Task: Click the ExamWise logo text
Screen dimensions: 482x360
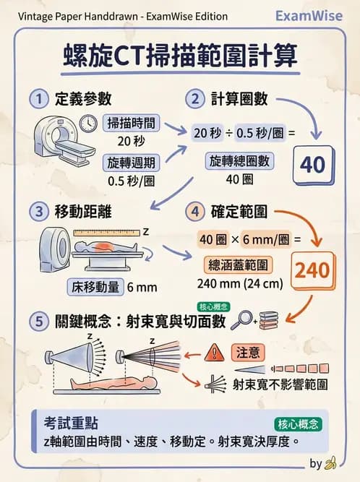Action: pos(313,16)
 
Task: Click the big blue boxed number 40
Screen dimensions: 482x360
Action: pos(312,164)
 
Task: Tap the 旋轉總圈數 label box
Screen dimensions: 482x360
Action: pos(239,160)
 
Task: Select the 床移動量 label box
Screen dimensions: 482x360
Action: pos(94,286)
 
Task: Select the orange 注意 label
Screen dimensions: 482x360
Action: pos(247,352)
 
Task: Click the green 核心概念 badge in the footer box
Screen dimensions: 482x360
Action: pos(298,423)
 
